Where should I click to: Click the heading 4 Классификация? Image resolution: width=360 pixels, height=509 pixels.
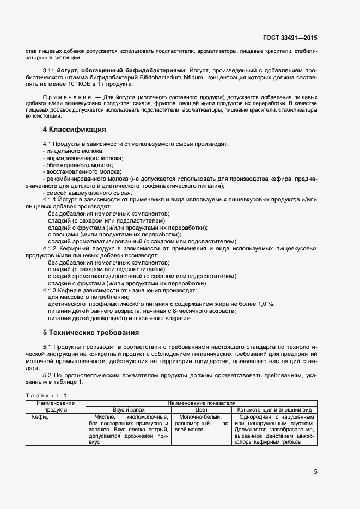click(x=74, y=130)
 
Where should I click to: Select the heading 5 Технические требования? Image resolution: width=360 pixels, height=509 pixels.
click(x=90, y=332)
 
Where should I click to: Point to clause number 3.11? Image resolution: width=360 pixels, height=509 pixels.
click(x=50, y=71)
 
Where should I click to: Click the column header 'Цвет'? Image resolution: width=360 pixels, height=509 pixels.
click(x=202, y=409)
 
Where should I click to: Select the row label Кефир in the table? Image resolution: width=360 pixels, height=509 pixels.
click(x=40, y=417)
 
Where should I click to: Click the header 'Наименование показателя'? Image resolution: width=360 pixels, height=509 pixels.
click(x=202, y=403)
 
